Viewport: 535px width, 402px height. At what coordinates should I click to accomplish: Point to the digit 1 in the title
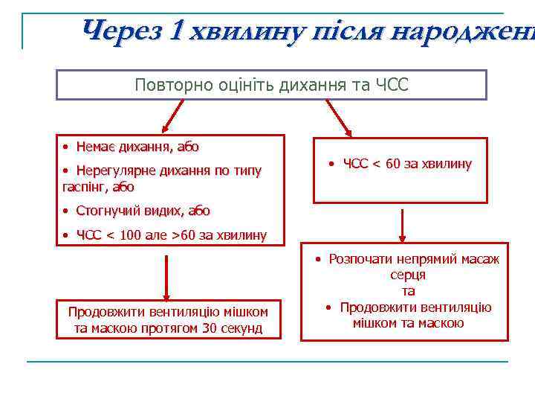click(175, 31)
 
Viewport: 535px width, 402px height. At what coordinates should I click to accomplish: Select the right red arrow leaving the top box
click(340, 115)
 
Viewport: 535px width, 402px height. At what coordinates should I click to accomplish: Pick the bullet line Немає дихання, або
click(132, 147)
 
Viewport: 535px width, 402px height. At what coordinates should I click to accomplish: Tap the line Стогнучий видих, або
click(137, 211)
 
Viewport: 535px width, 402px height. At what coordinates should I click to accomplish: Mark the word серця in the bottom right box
click(408, 275)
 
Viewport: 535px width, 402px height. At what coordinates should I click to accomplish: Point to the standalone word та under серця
click(408, 291)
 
